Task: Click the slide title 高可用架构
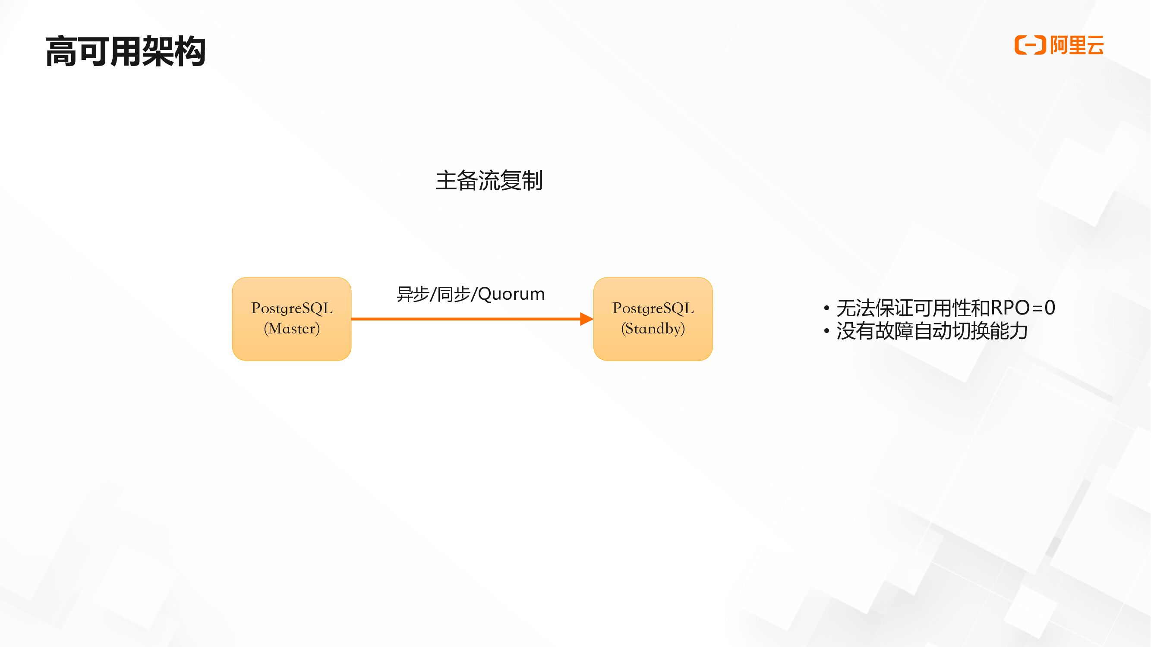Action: (x=125, y=51)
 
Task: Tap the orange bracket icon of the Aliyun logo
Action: (x=1030, y=45)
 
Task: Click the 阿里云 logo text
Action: (x=1077, y=45)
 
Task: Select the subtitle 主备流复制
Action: (x=489, y=180)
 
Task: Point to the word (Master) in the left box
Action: (x=292, y=329)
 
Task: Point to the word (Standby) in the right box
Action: (x=653, y=329)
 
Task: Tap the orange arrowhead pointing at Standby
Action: (x=586, y=319)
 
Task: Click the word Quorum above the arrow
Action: (x=511, y=294)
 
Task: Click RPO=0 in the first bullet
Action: (x=1023, y=308)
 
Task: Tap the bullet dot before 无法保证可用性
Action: (x=826, y=308)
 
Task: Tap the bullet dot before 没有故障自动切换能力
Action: (x=826, y=331)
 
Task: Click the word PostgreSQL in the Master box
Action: (x=292, y=308)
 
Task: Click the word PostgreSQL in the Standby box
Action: (x=653, y=308)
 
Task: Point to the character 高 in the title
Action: (x=61, y=51)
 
